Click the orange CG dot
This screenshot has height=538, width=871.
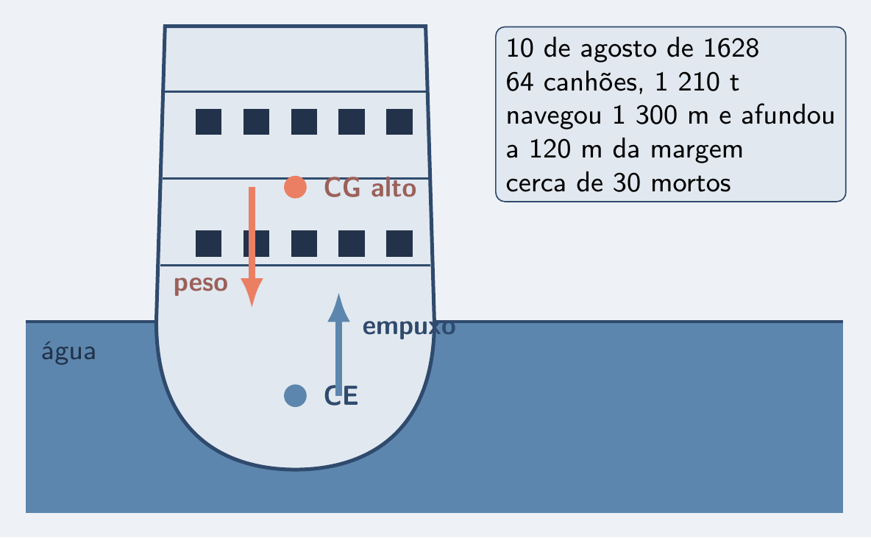[295, 187]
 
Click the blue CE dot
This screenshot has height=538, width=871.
[295, 396]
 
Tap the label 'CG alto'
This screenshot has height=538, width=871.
[370, 188]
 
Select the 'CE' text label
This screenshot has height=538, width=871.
[341, 396]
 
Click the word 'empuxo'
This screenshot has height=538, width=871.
[409, 327]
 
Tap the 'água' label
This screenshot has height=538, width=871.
[69, 351]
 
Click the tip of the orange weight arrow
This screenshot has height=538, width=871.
[252, 306]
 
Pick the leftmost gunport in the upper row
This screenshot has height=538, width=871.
[208, 121]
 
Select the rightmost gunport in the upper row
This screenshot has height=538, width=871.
[399, 121]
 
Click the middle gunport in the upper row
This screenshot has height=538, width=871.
[304, 121]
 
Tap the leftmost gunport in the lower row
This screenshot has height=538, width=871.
[208, 244]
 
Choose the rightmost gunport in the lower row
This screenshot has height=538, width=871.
[399, 244]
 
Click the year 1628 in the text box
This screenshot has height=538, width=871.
[731, 49]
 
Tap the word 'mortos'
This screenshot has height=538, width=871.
[691, 183]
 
